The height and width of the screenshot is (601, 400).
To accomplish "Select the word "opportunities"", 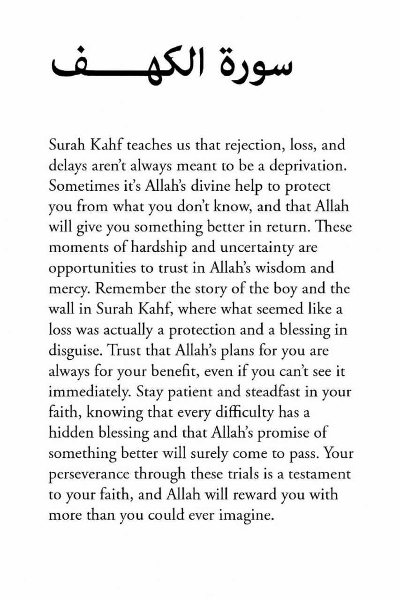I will (x=91, y=268).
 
